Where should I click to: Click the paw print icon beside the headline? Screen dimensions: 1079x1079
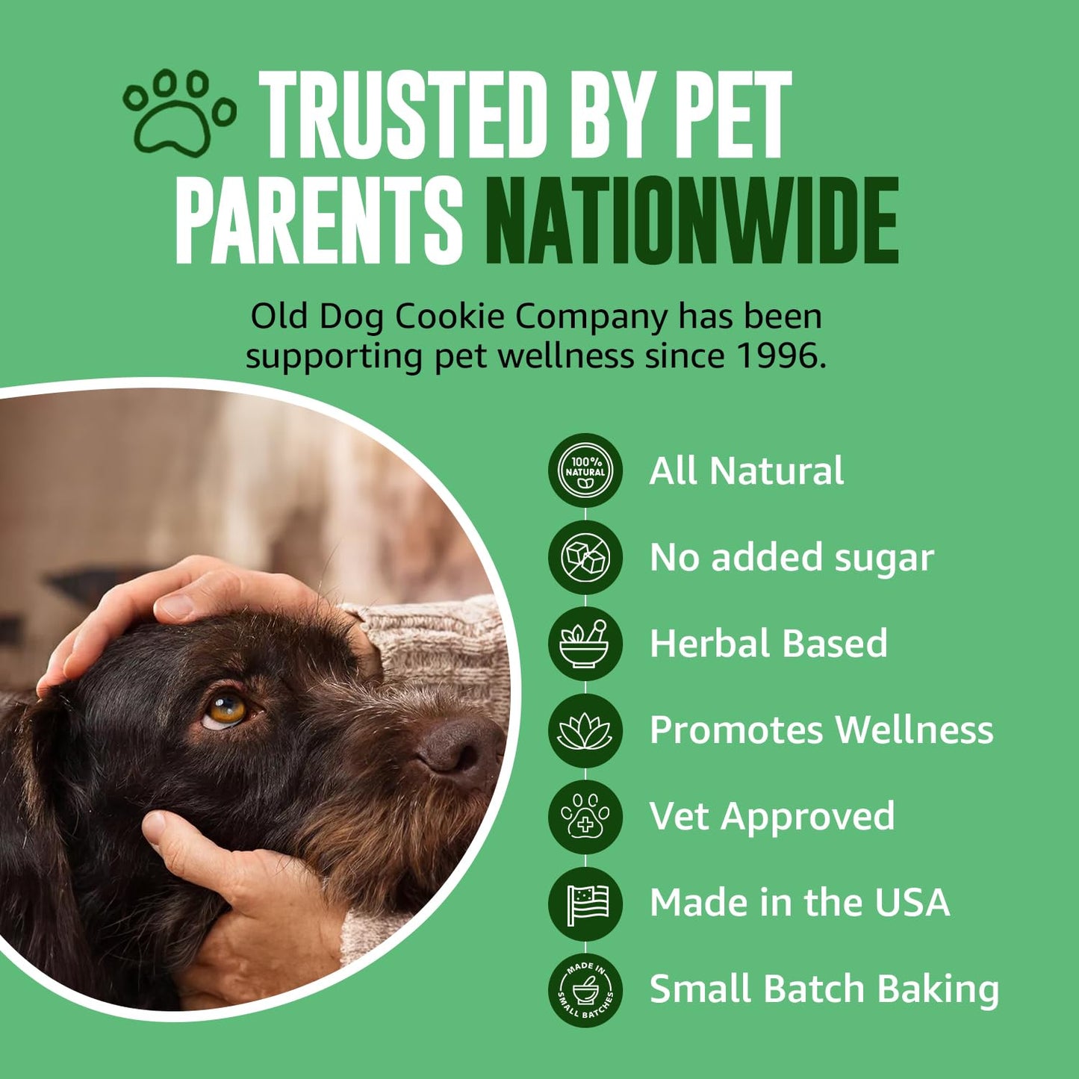coord(179,113)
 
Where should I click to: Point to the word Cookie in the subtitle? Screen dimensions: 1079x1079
coord(450,317)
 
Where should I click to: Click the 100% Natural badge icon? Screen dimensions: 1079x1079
coord(585,471)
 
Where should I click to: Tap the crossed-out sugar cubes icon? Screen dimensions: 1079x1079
coord(585,558)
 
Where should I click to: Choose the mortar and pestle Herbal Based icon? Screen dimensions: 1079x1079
coord(585,644)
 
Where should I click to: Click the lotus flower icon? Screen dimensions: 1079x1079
coord(585,730)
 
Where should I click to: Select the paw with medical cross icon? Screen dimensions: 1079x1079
coord(585,816)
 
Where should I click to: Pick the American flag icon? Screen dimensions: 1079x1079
coord(585,903)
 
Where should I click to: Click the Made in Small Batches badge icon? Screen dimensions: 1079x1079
coord(585,989)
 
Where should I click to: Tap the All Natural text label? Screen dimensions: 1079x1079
coord(746,471)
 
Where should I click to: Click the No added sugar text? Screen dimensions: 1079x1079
coord(791,558)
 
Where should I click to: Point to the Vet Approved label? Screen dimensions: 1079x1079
coord(771,816)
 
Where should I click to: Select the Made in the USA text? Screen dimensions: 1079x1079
coord(799,903)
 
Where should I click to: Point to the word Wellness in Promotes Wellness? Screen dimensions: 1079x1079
coord(914,730)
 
